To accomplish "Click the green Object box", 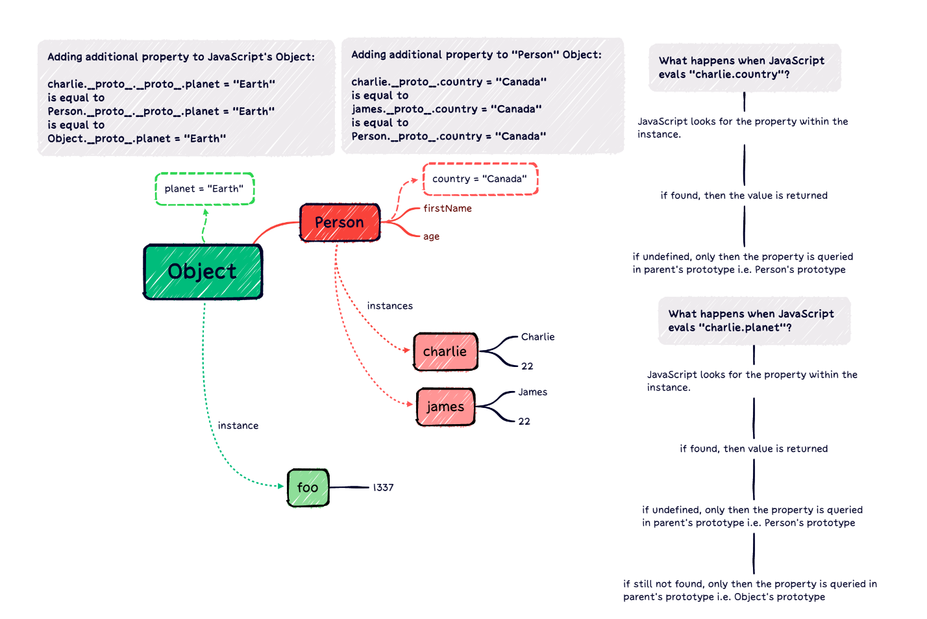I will (203, 272).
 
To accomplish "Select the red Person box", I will (340, 222).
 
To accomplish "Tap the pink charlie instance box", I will (445, 351).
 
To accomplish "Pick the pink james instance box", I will (445, 407).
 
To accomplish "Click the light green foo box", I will (308, 487).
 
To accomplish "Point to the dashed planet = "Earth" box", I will (204, 189).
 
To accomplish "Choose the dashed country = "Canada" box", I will (480, 179).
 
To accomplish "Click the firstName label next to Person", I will (447, 208).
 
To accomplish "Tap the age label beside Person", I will (431, 236).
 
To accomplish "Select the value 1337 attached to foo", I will (383, 487).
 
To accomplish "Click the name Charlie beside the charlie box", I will (538, 336).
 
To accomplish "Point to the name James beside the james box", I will (532, 392).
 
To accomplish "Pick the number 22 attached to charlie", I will (527, 366).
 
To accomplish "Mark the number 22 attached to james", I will (524, 422).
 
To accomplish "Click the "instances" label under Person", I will (389, 306).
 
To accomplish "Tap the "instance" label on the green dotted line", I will (238, 425).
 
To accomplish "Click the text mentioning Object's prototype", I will (750, 590).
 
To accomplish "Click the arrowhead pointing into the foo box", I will (280, 486).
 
